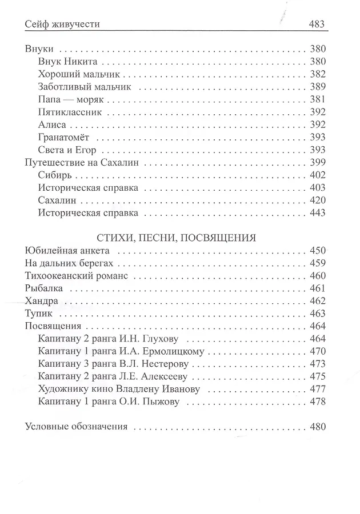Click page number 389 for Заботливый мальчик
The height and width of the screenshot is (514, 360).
pos(317,87)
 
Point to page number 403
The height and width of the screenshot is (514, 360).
pos(317,188)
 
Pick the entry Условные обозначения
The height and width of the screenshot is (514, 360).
pos(76,427)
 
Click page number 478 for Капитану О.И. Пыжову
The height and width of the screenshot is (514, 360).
pos(317,401)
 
